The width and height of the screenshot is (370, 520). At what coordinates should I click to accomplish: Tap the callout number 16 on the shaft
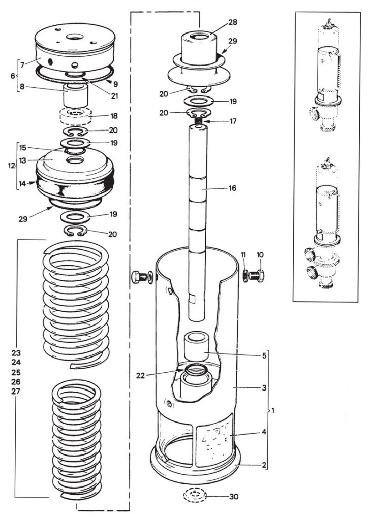pyautogui.click(x=233, y=188)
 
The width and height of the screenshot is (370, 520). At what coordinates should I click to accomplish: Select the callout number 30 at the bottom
pyautogui.click(x=233, y=497)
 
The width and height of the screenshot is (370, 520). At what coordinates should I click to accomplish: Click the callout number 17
pyautogui.click(x=233, y=121)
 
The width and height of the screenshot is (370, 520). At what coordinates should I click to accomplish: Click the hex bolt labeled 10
pyautogui.click(x=257, y=276)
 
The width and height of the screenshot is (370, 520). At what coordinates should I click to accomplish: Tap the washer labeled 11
pyautogui.click(x=245, y=276)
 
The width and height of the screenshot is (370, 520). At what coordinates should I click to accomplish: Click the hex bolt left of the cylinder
pyautogui.click(x=141, y=277)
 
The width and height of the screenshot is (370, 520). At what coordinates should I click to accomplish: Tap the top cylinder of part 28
pyautogui.click(x=197, y=48)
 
